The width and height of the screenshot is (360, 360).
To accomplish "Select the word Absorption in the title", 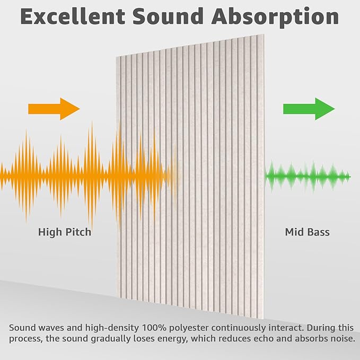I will click(x=275, y=17).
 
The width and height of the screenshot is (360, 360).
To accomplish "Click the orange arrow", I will click(x=54, y=109).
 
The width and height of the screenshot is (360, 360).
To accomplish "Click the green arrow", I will click(x=309, y=109).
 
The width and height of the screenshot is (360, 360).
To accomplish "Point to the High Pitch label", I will click(x=65, y=232).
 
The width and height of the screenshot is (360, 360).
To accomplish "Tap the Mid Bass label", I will click(x=308, y=232).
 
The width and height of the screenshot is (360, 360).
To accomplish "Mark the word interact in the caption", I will click(x=275, y=327).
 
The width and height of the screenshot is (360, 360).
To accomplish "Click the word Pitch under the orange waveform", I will click(x=78, y=232).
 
